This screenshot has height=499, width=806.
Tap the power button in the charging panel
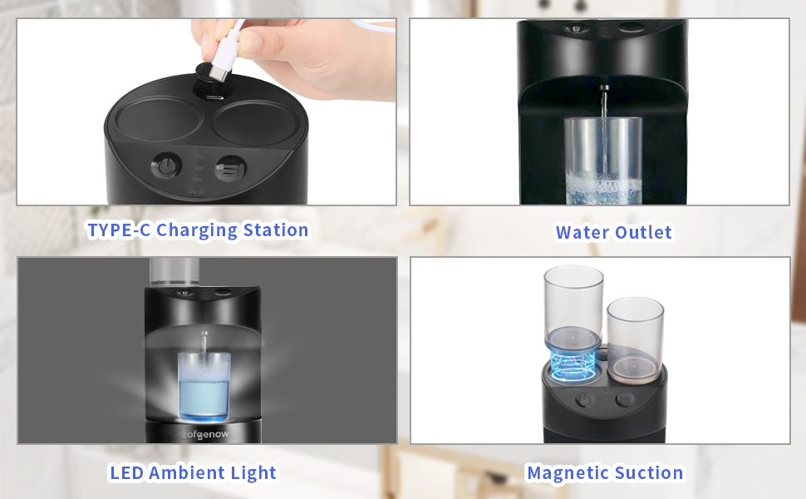pos(166,166)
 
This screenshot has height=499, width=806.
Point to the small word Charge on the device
pos(198,192)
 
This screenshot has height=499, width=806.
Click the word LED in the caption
pos(126,473)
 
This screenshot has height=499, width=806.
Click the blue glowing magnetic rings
pos(573,366)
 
